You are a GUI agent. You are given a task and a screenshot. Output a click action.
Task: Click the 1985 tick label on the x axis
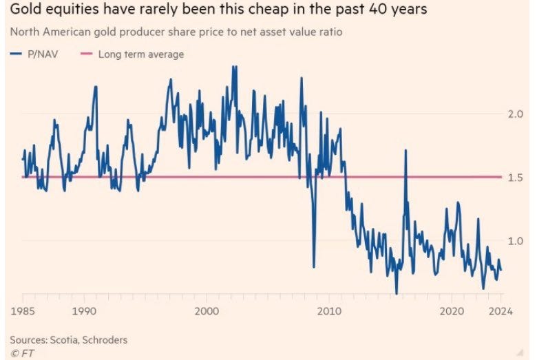tap(23, 311)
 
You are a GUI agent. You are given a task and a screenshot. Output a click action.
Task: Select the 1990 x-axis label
tap(84, 311)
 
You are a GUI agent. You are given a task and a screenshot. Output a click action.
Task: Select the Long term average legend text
tap(141, 54)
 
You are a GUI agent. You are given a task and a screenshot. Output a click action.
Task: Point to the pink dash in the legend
tap(87, 54)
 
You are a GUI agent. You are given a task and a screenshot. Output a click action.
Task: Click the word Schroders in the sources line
tap(103, 339)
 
